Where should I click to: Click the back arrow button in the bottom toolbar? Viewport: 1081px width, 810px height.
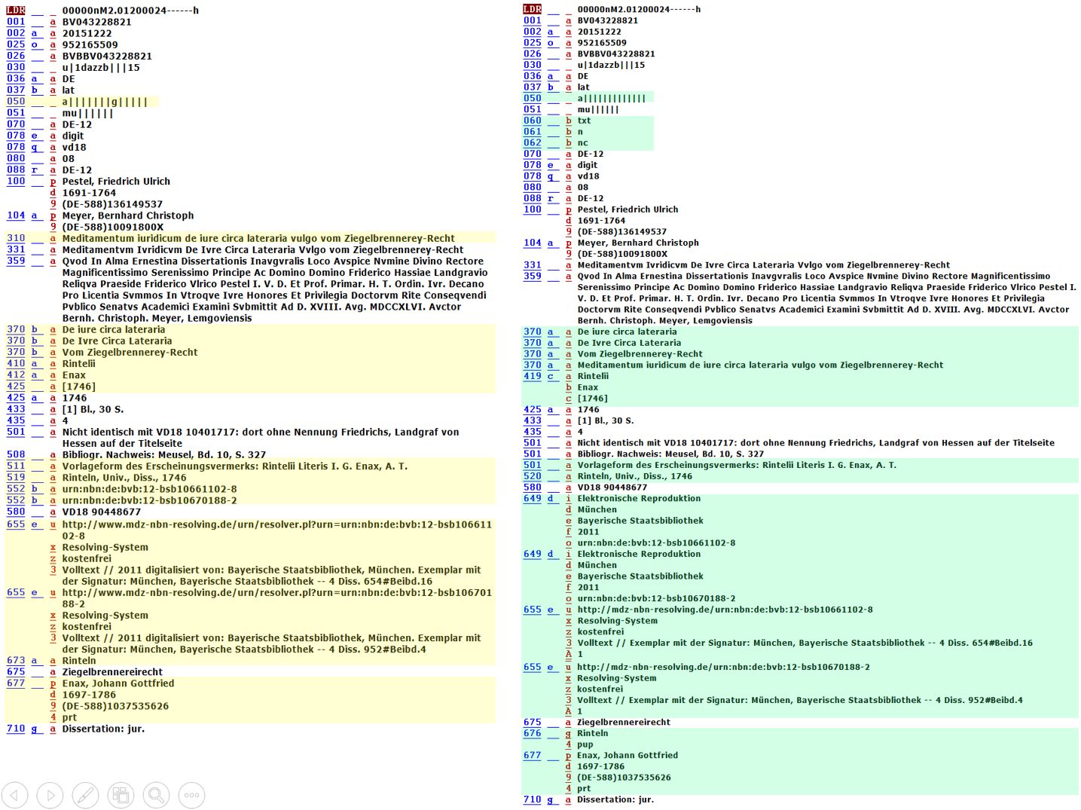click(x=15, y=795)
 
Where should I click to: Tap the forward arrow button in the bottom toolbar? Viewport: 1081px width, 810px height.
click(x=50, y=795)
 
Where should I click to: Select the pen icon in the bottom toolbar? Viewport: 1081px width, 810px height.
click(x=85, y=795)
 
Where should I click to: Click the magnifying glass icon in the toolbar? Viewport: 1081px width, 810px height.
click(x=156, y=795)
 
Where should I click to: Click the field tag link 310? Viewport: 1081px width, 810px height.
click(x=16, y=238)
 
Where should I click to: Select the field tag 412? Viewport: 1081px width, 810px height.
click(x=16, y=374)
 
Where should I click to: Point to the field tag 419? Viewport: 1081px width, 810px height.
click(x=532, y=376)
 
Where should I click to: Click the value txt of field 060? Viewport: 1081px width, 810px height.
click(x=584, y=121)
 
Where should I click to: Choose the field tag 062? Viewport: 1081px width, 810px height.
click(x=532, y=142)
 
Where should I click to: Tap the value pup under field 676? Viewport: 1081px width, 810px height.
click(x=585, y=744)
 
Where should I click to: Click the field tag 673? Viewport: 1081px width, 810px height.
click(x=16, y=660)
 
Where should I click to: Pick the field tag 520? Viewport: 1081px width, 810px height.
click(x=532, y=476)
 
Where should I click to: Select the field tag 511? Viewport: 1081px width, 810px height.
click(x=16, y=466)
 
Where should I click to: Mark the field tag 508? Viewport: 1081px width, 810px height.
click(x=16, y=454)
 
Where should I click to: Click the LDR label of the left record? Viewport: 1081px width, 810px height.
click(x=16, y=11)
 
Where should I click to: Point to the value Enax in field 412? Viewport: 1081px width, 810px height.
click(x=74, y=374)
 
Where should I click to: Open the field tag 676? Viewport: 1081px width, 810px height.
click(x=532, y=733)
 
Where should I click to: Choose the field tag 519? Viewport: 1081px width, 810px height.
click(x=16, y=477)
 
